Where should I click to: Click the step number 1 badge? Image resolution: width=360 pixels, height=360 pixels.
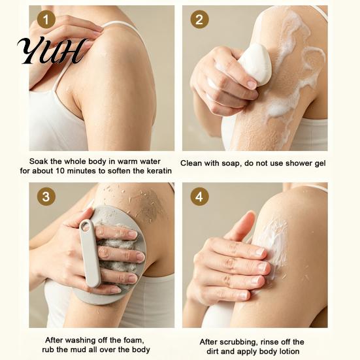[x=46, y=20]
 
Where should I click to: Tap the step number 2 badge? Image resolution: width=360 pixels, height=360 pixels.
[x=199, y=20]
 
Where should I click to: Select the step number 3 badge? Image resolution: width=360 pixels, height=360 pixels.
[x=46, y=197]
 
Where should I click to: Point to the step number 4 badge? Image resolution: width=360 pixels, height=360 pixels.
[x=199, y=197]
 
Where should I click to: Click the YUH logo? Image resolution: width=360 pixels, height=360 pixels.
[x=52, y=50]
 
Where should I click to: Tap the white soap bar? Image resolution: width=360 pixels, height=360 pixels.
[x=254, y=63]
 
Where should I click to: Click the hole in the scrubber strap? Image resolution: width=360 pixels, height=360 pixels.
[x=86, y=227]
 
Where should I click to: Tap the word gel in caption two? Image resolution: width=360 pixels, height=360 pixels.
[x=320, y=163]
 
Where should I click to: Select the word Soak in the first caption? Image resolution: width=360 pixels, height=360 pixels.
[x=39, y=161]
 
